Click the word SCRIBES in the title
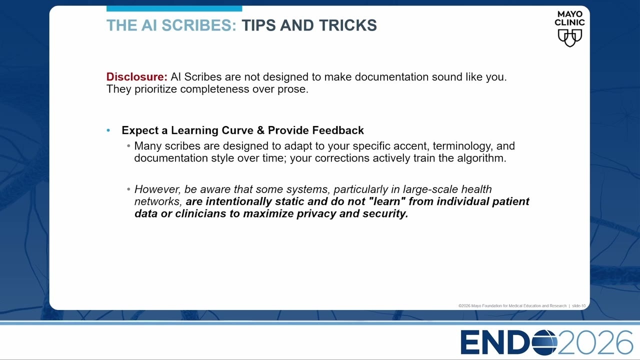pyautogui.click(x=199, y=25)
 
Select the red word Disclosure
pyautogui.click(x=137, y=77)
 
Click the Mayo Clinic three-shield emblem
pyautogui.click(x=569, y=38)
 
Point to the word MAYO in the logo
pyautogui.click(x=569, y=14)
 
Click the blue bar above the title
pyautogui.click(x=174, y=8)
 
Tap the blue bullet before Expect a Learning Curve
pyautogui.click(x=108, y=130)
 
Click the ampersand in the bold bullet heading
pyautogui.click(x=260, y=130)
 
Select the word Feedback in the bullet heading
pyautogui.click(x=338, y=130)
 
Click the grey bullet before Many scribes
pyautogui.click(x=128, y=146)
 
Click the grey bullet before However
pyautogui.click(x=128, y=189)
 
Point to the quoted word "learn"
pyautogui.click(x=387, y=201)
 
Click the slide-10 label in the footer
pyautogui.click(x=578, y=305)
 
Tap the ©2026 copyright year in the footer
pyautogui.click(x=464, y=305)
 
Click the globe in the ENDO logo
pyautogui.click(x=544, y=342)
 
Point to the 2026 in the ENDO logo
pyautogui.click(x=595, y=342)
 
